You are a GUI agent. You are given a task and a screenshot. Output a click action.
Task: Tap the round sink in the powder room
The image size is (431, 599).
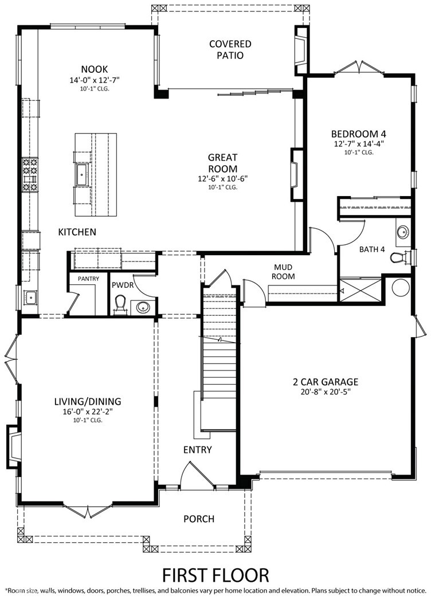(144, 307)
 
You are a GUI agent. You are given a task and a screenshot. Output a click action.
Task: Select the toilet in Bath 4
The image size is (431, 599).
(402, 257)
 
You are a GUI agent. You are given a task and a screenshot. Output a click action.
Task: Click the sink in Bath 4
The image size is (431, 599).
(402, 232)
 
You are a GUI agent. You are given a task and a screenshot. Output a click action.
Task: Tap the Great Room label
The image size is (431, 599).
(222, 163)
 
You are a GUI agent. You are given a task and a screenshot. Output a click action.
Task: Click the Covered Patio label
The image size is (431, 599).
(230, 50)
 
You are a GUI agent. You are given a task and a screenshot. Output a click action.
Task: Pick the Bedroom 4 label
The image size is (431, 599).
(358, 134)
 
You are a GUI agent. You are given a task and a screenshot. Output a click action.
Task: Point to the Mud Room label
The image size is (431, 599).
(284, 272)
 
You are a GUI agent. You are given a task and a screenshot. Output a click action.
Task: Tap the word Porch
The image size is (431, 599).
(199, 519)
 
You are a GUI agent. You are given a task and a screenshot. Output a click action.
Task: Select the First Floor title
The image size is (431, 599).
(215, 574)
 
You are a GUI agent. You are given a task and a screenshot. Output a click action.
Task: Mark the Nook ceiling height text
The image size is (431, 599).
(94, 89)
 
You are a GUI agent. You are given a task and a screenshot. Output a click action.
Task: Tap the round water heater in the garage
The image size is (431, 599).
(401, 287)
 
